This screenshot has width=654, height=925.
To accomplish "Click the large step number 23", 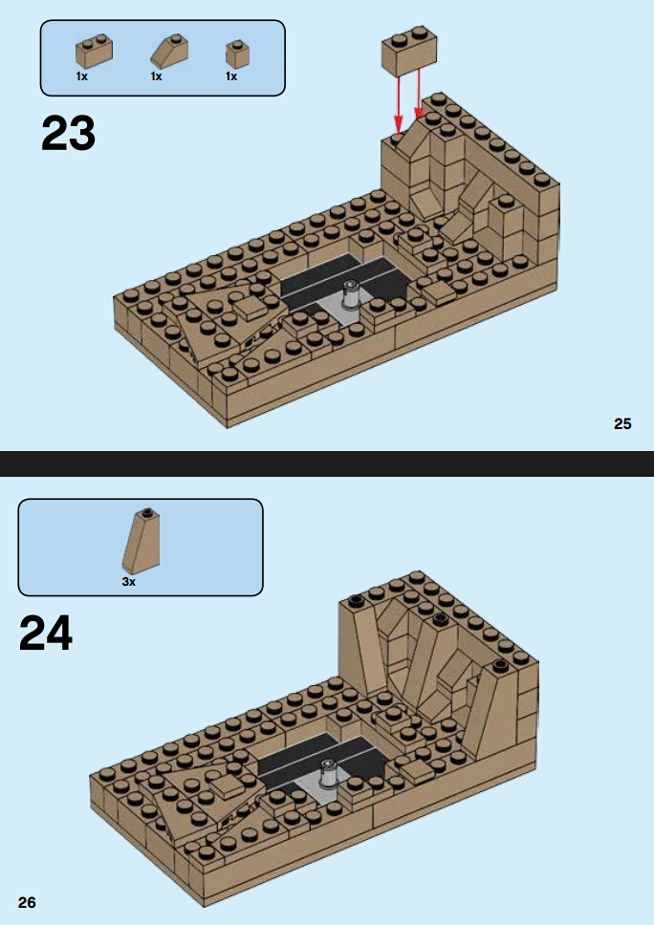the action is click(68, 134).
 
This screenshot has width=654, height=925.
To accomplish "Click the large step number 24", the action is click(46, 633).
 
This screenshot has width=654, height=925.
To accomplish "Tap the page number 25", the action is click(622, 423).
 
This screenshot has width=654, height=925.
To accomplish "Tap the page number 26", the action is click(27, 902).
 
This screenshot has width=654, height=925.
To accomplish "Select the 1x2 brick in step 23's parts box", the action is click(95, 52).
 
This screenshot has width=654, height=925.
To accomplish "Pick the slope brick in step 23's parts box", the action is click(169, 52).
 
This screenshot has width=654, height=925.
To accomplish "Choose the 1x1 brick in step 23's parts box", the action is click(237, 54).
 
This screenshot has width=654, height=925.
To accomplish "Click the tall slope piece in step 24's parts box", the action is click(142, 541).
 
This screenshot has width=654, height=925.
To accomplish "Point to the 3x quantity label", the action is click(129, 582).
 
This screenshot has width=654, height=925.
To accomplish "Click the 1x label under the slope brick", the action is click(156, 76).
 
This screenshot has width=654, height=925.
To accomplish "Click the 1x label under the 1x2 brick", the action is click(81, 76).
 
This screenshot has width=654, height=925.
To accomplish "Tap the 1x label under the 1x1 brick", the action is click(231, 76).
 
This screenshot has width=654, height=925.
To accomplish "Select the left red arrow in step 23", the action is click(399, 104).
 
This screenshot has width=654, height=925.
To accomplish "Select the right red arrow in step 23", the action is click(419, 94).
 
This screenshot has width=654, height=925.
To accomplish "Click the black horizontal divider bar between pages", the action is click(327, 463).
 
